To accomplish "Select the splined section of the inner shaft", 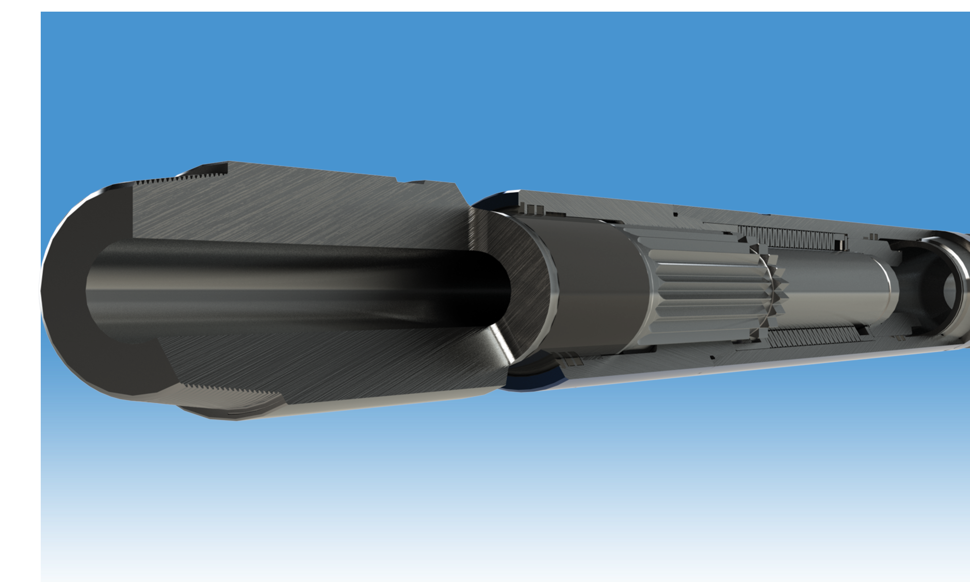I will (x=698, y=286).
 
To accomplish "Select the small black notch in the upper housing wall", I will (x=674, y=214).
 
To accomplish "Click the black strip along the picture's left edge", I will (x=19, y=291).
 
